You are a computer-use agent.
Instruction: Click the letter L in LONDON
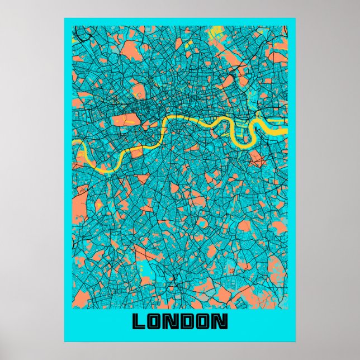coord(139,321)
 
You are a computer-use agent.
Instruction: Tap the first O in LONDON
coord(156,321)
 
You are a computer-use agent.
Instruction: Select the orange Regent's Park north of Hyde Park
coord(137,89)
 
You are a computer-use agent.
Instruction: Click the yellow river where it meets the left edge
coord(75,143)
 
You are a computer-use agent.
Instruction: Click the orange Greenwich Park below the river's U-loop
coord(257,160)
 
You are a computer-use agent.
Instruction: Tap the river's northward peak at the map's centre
coord(184,119)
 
